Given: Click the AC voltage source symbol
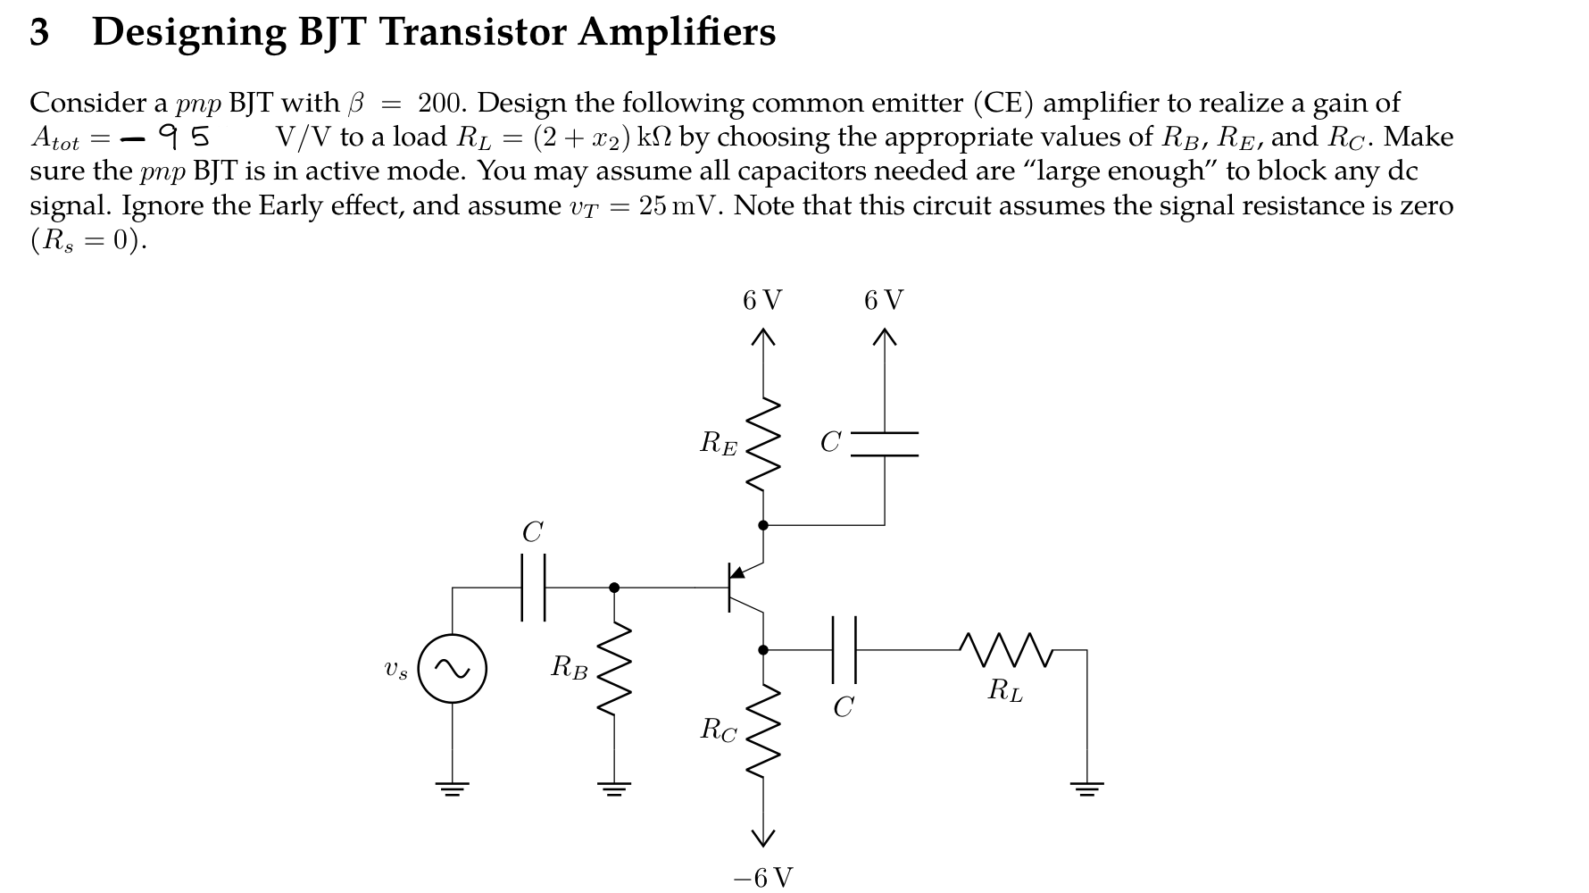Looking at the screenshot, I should pos(453,669).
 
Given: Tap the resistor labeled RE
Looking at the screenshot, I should pos(762,444).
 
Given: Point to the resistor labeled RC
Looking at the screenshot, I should pos(762,730).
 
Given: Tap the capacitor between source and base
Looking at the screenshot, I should pos(533,587).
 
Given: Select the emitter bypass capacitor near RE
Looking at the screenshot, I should pos(884,444).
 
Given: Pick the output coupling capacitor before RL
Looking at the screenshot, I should pos(844,650).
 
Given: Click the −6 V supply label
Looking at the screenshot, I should pos(762,878).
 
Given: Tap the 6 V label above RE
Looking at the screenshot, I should pos(761,300).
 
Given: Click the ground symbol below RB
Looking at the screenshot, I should pos(613,789).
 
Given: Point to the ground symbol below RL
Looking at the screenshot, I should pos(1086,789).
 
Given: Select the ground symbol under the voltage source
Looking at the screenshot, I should pos(453,789).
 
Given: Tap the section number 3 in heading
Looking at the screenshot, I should pos(39,33).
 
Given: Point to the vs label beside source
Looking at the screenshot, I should pos(395,670).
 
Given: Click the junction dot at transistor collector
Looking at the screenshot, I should pos(762,650).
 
